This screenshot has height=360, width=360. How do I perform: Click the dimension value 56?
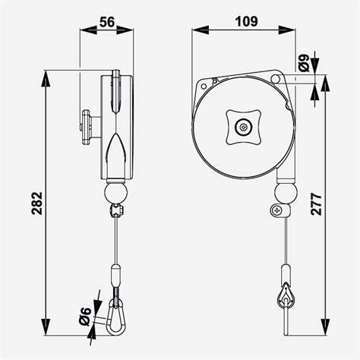tap(107, 24)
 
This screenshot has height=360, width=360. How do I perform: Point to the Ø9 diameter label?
tap(305, 63)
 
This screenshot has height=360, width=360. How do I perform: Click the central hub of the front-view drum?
tap(244, 127)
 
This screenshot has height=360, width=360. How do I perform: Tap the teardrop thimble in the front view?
tap(285, 297)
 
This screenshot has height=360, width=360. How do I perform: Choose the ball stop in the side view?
tap(115, 191)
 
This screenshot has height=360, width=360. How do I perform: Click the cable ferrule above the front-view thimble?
tap(286, 272)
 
